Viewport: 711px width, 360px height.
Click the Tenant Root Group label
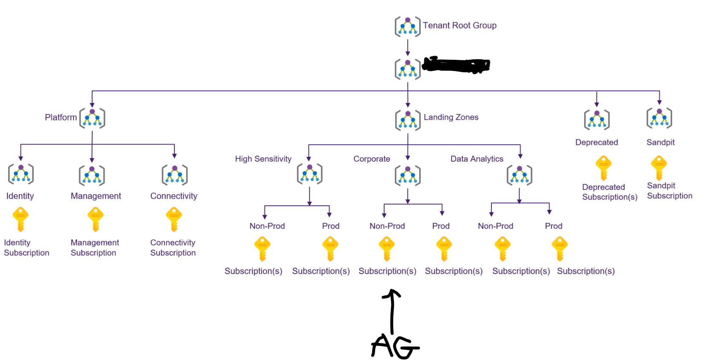click(459, 26)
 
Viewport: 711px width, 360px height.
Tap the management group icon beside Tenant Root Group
click(407, 27)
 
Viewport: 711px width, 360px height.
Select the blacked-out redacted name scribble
click(456, 65)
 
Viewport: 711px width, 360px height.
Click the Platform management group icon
click(92, 118)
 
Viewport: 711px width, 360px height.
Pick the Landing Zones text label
click(451, 117)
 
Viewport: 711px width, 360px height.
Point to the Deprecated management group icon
click(596, 119)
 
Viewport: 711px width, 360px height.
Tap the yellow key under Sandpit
click(658, 167)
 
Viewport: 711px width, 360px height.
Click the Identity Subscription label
click(26, 248)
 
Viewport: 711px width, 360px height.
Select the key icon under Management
click(95, 219)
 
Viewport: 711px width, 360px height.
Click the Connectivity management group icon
click(174, 175)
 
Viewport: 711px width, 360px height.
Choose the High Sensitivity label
click(263, 159)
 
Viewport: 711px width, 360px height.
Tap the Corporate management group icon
click(408, 175)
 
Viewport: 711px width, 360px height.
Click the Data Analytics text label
click(477, 159)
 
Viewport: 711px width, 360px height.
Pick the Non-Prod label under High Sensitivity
click(267, 226)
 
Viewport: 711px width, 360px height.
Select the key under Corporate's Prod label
click(444, 249)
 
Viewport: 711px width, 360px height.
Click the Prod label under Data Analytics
click(553, 226)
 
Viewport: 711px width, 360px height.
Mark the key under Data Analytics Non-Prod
click(502, 249)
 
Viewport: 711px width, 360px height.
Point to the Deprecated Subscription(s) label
click(609, 192)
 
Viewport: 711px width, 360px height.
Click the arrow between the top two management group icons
click(408, 47)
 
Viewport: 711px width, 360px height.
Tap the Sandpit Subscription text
click(669, 191)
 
